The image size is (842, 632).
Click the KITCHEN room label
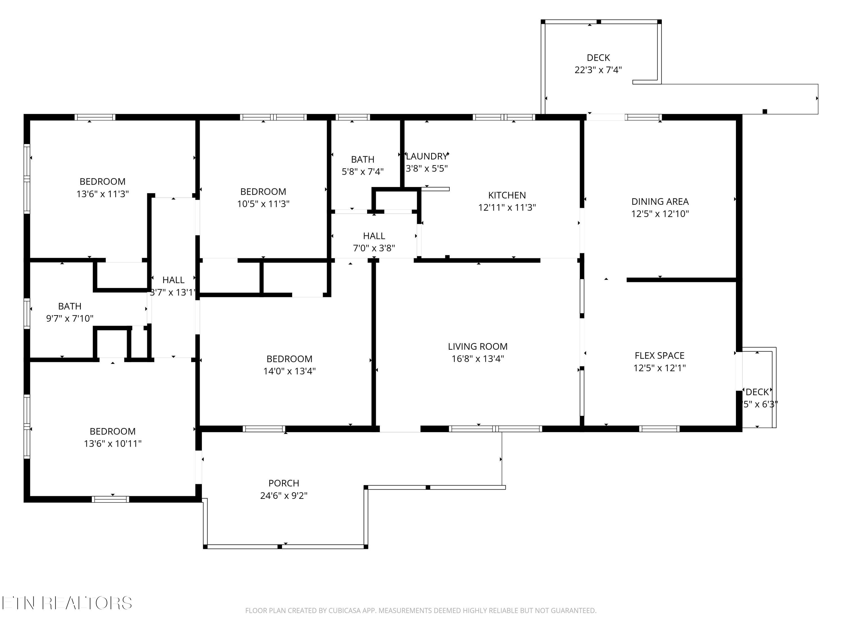click(x=507, y=195)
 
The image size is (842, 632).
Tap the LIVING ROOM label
click(x=478, y=347)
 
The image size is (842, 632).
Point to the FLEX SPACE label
click(x=660, y=356)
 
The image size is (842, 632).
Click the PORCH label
click(x=284, y=483)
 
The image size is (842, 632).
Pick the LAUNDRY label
click(x=427, y=156)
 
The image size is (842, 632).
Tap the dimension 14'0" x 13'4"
click(x=290, y=371)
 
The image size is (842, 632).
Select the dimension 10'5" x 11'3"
click(x=264, y=204)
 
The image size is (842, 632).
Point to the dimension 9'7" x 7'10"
click(x=70, y=319)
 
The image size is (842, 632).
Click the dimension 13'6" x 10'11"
click(x=113, y=444)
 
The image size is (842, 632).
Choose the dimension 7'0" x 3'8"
click(x=374, y=248)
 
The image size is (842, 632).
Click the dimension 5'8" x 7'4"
click(x=363, y=172)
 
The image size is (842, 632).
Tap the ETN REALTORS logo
click(x=67, y=603)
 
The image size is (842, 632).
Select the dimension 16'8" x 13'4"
click(x=478, y=359)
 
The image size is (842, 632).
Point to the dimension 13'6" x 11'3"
click(x=103, y=194)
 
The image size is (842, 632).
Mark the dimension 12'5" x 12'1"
click(x=660, y=368)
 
